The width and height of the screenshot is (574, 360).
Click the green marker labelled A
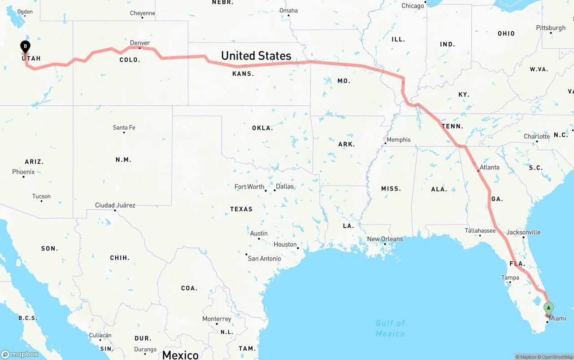pos(548,308)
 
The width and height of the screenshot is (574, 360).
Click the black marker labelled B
pos(26,46)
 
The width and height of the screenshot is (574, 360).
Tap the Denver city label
pos(139,43)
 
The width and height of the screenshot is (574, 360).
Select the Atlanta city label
pos(489,167)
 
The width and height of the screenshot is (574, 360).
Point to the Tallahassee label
pos(480,230)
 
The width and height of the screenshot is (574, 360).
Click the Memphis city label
pos(398,139)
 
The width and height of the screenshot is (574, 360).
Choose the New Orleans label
pos(385,239)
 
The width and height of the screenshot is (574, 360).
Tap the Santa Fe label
pos(124,128)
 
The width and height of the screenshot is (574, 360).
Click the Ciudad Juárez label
pos(115,205)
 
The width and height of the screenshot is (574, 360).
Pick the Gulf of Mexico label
pos(390,328)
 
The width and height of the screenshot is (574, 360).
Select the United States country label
pos(256,56)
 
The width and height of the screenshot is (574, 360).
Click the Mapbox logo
pos(20,354)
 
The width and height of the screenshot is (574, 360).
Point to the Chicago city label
pos(413,6)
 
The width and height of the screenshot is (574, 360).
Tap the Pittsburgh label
pos(551,28)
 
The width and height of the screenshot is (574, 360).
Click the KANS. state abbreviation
pos(243,74)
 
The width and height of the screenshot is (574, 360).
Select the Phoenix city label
pos(23,172)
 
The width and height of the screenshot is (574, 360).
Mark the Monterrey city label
pos(217,319)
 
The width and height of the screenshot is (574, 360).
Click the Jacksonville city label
pos(523,232)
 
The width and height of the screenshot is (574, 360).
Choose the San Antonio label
pos(264,258)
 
